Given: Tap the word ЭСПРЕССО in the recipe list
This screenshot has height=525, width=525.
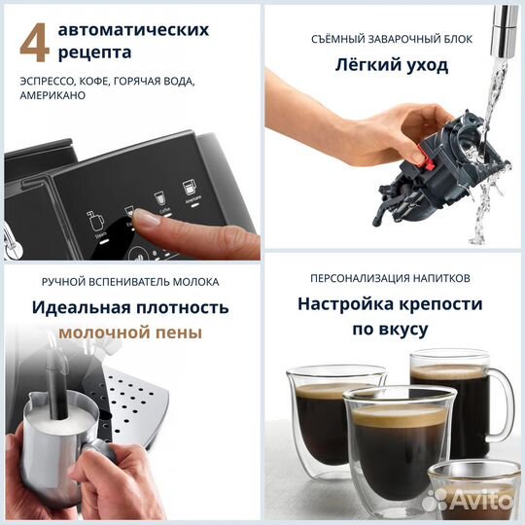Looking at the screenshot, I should click(x=45, y=83).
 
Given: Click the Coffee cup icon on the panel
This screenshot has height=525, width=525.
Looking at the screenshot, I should click(x=161, y=197).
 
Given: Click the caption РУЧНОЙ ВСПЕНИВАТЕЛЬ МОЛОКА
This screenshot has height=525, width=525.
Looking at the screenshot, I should click(x=130, y=282).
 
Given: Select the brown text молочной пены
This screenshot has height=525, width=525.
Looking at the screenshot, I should click(x=130, y=332).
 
